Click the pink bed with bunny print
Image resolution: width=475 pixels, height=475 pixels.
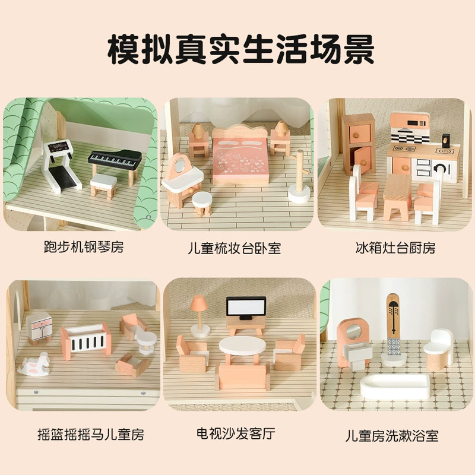pyautogui.click(x=240, y=157)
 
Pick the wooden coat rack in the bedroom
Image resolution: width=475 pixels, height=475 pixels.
pyautogui.click(x=299, y=176)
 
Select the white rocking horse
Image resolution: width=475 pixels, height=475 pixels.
pyautogui.click(x=34, y=365)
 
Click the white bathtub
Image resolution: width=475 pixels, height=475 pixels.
pyautogui.click(x=395, y=387)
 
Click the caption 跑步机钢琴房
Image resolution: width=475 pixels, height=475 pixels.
pyautogui.click(x=84, y=247)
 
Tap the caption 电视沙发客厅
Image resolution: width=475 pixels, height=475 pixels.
pyautogui.click(x=236, y=433)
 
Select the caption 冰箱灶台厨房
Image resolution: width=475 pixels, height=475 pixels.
pyautogui.click(x=395, y=248)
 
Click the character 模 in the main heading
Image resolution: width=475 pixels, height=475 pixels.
pyautogui.click(x=124, y=49)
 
